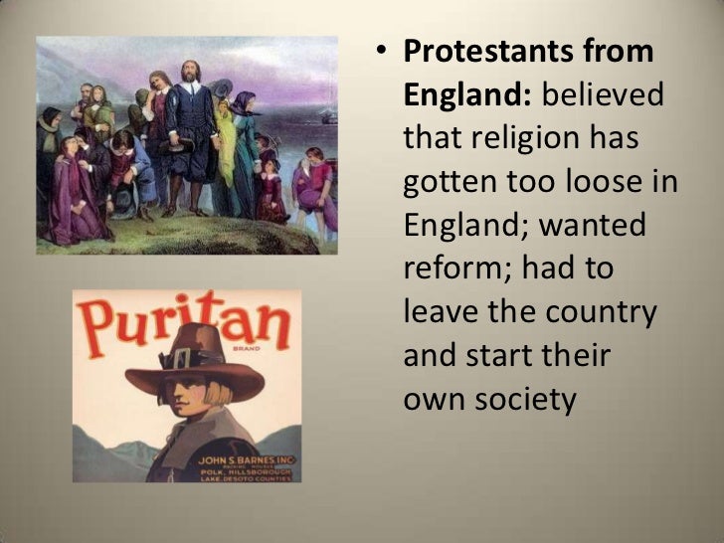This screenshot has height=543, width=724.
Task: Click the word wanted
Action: tap(593, 225)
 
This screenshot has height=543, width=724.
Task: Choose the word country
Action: tap(602, 312)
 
